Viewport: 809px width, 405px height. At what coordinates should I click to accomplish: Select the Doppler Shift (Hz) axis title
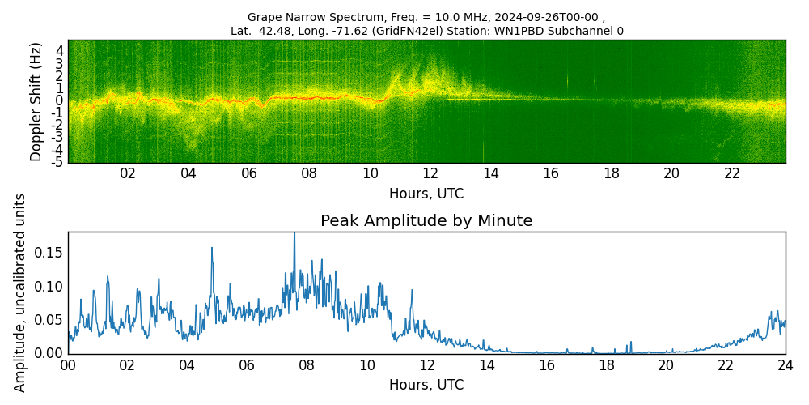36,101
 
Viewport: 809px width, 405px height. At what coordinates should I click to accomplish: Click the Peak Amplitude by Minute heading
426,221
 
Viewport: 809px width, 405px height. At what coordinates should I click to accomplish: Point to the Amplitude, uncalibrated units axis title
20,292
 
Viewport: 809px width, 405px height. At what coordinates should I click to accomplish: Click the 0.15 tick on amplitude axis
48,253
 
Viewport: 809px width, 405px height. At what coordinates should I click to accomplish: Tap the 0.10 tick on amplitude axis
48,286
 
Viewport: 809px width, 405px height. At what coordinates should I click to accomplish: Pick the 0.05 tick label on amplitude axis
48,319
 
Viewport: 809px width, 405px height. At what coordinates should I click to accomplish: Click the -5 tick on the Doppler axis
58,162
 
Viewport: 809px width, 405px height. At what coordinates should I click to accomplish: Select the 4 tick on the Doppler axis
60,50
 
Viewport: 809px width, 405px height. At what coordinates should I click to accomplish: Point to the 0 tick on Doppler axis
60,100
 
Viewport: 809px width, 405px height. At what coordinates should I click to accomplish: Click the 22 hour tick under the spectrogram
732,173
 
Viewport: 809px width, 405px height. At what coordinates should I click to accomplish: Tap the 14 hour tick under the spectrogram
490,173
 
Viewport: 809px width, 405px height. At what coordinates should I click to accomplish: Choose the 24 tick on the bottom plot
785,364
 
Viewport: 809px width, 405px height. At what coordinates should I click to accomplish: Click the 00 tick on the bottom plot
68,364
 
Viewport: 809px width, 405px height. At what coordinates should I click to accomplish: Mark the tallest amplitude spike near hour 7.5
294,235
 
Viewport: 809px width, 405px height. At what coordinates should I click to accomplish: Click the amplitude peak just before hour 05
212,249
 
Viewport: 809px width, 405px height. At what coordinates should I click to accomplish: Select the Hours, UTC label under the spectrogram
426,194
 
